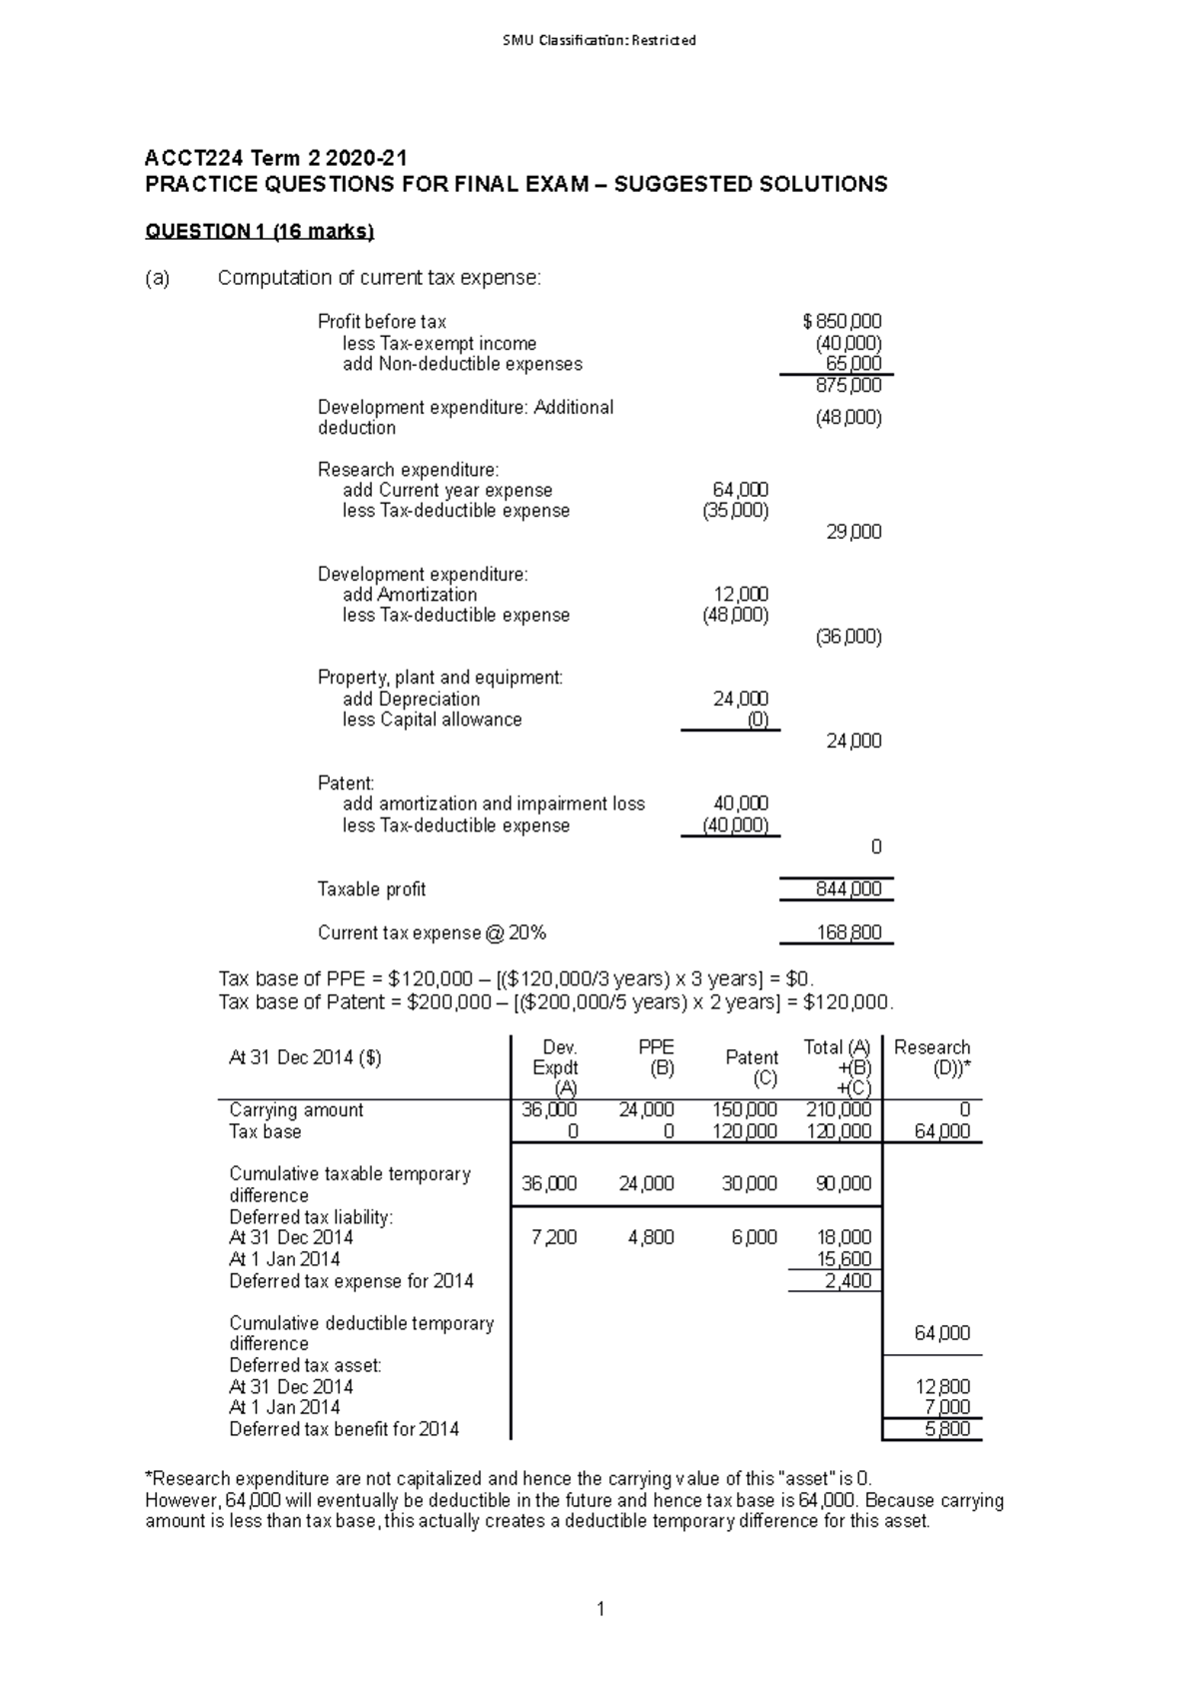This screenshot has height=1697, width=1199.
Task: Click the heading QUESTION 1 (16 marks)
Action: (x=259, y=232)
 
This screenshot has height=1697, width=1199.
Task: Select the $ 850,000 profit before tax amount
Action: (x=842, y=322)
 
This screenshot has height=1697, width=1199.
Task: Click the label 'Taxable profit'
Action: (x=371, y=889)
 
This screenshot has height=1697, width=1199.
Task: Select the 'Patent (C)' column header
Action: (x=751, y=1067)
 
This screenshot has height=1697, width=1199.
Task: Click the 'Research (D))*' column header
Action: (x=932, y=1057)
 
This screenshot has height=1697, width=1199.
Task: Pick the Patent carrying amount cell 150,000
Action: (x=744, y=1110)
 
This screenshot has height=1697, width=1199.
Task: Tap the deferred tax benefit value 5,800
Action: (x=946, y=1429)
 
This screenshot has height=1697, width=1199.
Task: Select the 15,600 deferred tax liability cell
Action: (x=844, y=1259)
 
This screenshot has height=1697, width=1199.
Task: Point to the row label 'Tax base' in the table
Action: (x=265, y=1132)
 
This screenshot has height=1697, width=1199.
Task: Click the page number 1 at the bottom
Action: (x=599, y=1609)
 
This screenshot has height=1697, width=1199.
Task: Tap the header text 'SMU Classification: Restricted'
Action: (x=599, y=40)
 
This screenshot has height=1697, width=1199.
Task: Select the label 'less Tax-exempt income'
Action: (x=439, y=344)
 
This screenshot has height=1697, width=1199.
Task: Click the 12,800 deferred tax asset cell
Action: (x=942, y=1387)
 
